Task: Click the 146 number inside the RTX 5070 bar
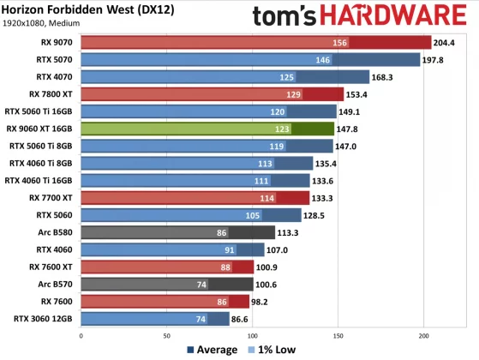coord(323,60)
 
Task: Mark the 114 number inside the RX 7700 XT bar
coord(267,197)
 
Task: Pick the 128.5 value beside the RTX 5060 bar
coord(319,214)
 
